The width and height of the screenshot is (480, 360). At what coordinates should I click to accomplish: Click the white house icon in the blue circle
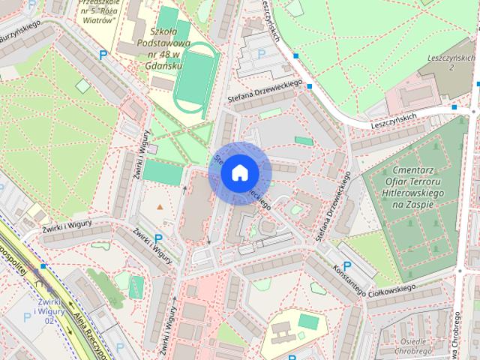pyautogui.click(x=239, y=172)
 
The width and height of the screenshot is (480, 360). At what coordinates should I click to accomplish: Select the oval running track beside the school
pyautogui.click(x=196, y=77)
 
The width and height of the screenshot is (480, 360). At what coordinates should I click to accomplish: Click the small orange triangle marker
pyautogui.click(x=159, y=205)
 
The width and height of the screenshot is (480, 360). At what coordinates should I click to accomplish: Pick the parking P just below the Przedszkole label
pyautogui.click(x=103, y=53)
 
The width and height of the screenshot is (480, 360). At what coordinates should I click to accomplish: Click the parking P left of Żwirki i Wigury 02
pyautogui.click(x=27, y=317)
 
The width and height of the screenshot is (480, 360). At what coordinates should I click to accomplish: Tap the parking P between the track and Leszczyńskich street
pyautogui.click(x=261, y=53)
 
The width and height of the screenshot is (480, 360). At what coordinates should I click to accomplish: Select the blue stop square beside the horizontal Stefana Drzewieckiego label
pyautogui.click(x=310, y=87)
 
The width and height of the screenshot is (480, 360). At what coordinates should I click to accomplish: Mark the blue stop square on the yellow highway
pyautogui.click(x=44, y=265)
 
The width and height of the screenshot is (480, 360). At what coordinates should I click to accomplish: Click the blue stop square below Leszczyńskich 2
pyautogui.click(x=454, y=107)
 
